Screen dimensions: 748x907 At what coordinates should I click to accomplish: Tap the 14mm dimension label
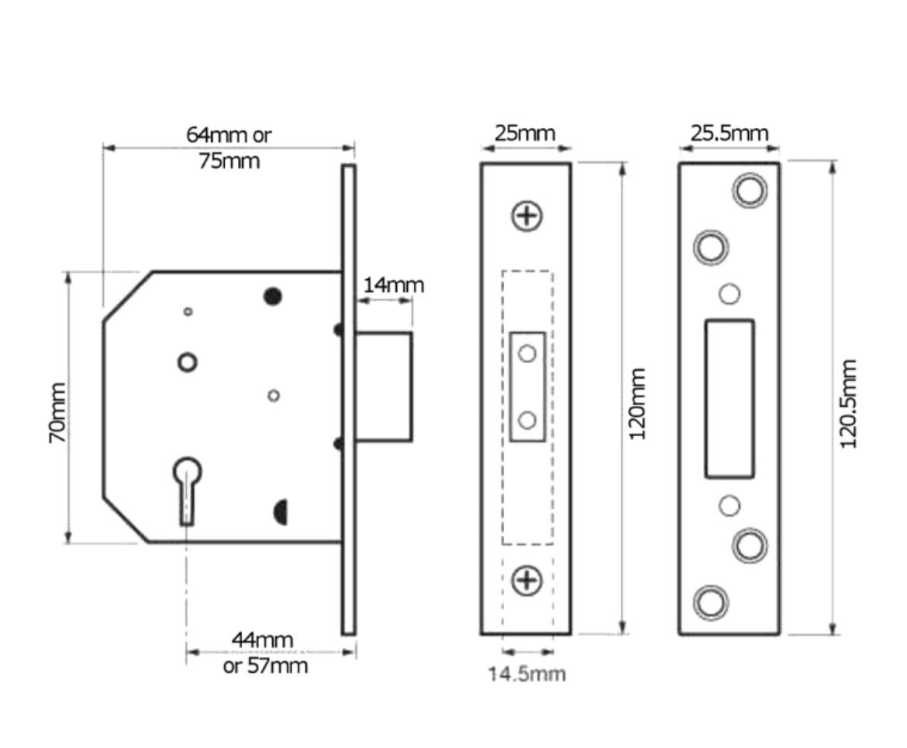394,285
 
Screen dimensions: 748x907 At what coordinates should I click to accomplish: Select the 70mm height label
57,412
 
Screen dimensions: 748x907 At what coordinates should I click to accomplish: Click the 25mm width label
526,133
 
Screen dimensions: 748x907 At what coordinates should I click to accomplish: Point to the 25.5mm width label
729,133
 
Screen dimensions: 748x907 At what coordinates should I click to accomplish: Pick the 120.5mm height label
849,403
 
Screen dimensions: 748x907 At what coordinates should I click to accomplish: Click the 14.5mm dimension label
526,674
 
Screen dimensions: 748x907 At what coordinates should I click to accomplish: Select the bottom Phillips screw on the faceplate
527,580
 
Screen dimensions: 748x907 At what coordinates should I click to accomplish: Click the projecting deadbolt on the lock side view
384,386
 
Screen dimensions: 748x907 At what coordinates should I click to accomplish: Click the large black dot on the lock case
272,296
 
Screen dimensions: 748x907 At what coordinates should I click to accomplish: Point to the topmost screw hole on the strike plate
750,190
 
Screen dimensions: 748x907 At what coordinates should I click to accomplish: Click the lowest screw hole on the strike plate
711,603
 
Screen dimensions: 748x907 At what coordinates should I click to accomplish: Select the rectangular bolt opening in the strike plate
729,398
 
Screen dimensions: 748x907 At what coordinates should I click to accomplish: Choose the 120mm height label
637,403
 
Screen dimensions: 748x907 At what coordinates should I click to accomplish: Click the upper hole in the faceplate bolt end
527,354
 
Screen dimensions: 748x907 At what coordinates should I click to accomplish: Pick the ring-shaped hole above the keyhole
187,362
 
